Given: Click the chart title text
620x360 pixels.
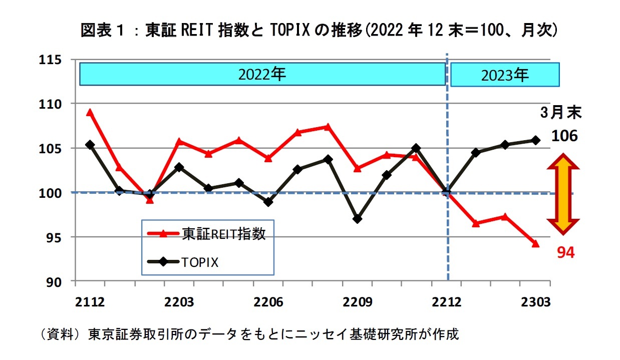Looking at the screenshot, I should coord(319,31).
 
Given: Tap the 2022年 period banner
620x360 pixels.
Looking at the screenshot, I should coord(262,75).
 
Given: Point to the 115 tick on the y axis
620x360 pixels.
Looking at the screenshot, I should coord(52,60).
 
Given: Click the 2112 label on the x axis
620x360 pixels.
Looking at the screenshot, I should coord(90,303).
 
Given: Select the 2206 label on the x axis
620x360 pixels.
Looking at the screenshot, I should coord(269,303).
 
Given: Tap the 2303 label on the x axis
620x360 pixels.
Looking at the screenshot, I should coord(536,303).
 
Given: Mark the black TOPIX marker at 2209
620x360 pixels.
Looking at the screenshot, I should coord(357,219).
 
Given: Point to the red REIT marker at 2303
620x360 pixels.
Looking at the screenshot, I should coord(535,244).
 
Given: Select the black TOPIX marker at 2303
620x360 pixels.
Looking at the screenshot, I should coord(535,140).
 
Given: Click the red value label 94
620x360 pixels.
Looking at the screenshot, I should coord(566,253).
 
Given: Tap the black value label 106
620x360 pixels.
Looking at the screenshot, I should coord(564,136).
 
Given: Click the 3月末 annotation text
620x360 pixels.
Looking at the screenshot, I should coord(561,113).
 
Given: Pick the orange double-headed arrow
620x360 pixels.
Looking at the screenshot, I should coord(562,194).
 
